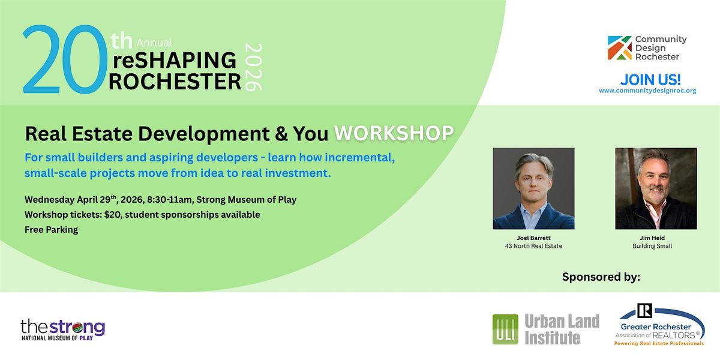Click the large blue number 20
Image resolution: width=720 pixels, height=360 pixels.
click(65, 59)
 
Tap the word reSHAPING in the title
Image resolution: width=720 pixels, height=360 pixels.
click(175, 60)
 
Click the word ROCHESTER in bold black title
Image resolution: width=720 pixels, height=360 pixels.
click(175, 82)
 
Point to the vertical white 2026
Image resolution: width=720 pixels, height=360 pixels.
click(254, 67)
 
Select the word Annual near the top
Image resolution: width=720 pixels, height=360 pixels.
click(154, 43)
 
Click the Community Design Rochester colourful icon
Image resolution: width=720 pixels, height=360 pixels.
click(620, 47)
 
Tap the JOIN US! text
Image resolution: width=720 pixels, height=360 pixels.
click(650, 79)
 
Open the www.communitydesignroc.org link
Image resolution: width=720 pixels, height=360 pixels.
click(647, 91)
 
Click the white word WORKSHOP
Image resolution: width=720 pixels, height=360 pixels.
click(394, 133)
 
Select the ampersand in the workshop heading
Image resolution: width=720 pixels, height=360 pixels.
click(281, 134)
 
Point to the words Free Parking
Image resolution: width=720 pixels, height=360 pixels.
click(52, 229)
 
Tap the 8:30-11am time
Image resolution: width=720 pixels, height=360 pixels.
click(169, 200)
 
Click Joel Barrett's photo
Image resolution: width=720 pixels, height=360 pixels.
click(533, 188)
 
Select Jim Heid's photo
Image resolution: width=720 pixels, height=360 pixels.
click(656, 188)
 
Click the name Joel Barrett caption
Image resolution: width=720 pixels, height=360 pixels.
click(533, 238)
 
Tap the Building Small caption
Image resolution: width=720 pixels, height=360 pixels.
click(652, 246)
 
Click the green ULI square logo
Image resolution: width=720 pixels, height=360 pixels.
click(505, 329)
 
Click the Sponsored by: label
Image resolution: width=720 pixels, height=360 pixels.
click(601, 277)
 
